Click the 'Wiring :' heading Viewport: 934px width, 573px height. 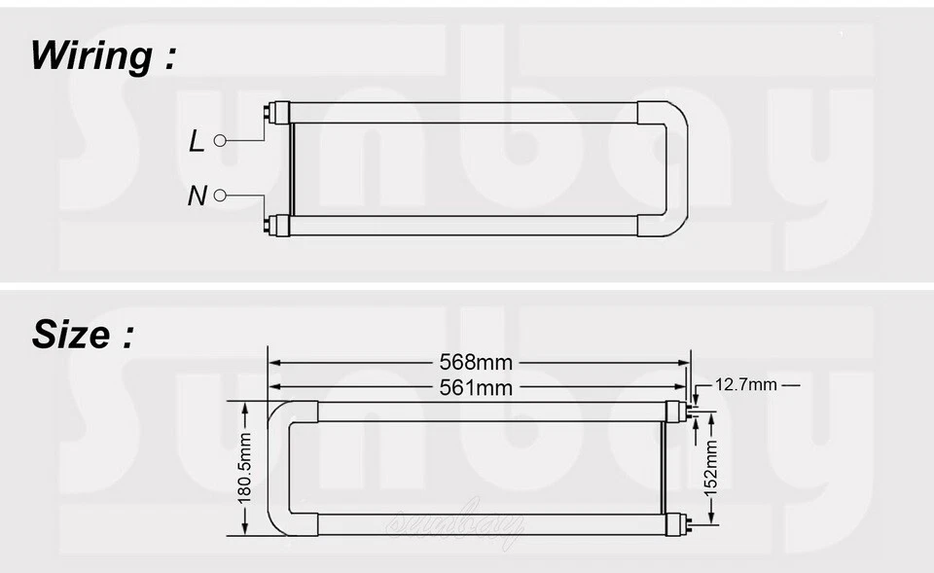point(103,55)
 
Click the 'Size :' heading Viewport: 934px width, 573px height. point(83,335)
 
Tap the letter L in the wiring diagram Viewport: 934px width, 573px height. point(197,142)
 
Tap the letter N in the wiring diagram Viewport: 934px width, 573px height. point(197,197)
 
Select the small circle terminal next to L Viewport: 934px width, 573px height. point(220,141)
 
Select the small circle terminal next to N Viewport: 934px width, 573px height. point(220,196)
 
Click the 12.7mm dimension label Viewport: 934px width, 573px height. point(746,384)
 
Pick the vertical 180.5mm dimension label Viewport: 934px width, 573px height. point(244,468)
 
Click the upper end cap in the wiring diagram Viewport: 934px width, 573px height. point(280,113)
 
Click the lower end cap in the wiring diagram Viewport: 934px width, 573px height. point(280,226)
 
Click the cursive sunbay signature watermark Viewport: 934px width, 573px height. point(455,526)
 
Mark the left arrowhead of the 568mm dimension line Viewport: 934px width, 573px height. point(274,362)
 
